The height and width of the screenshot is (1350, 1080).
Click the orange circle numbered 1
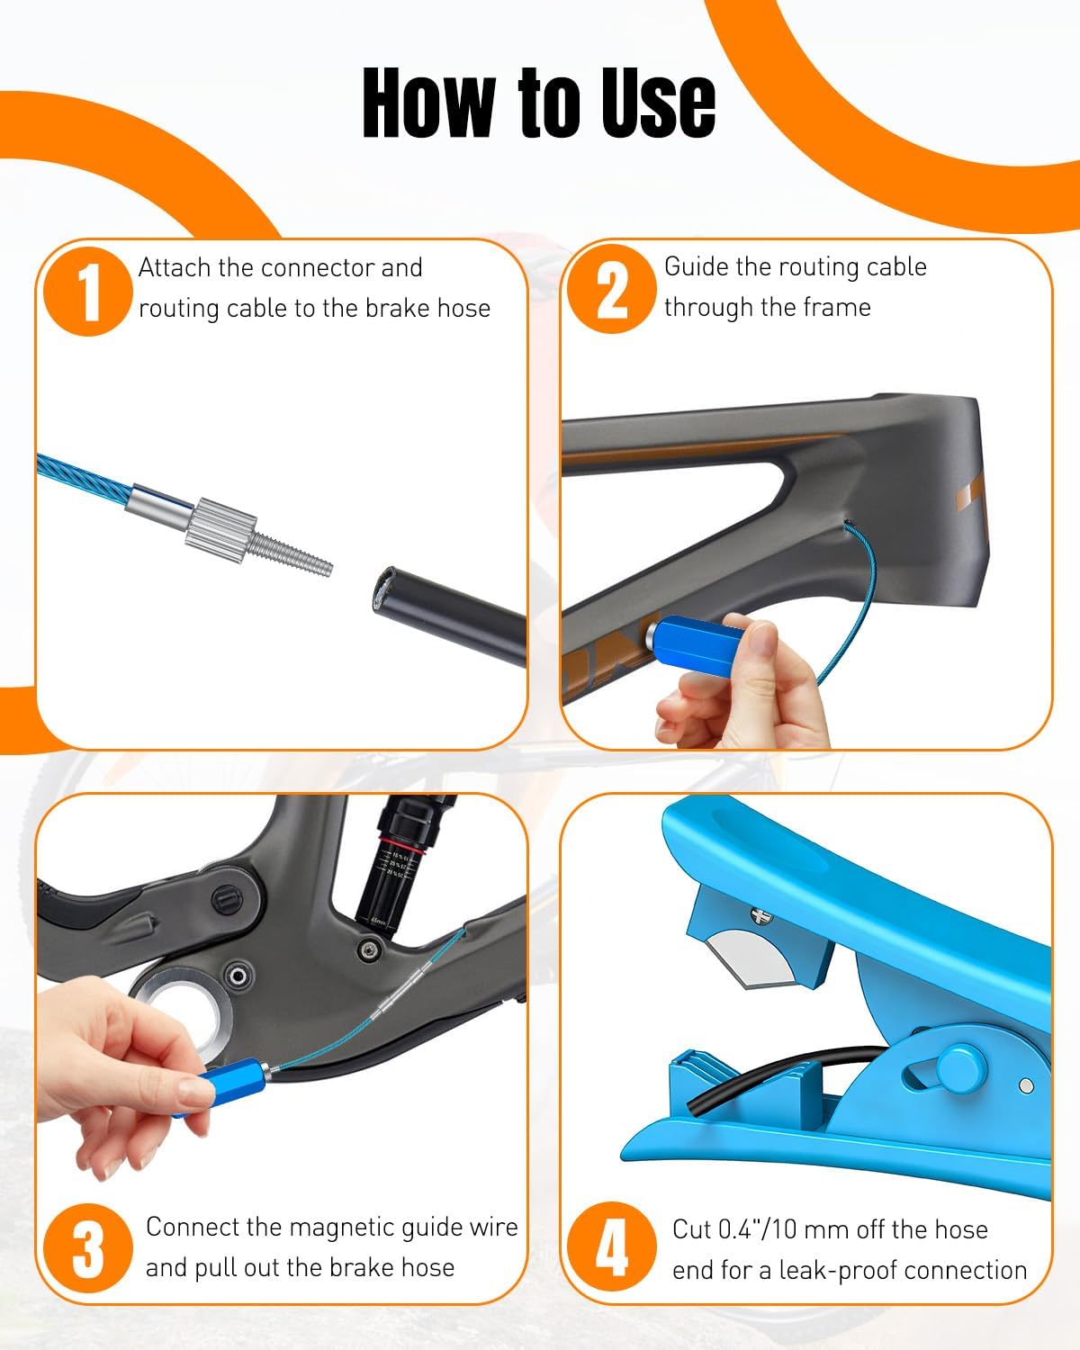tap(88, 291)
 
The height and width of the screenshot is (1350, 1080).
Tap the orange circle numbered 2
tap(612, 289)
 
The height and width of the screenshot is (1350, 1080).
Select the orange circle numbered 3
tap(88, 1249)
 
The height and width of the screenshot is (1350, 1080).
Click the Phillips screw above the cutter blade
tap(760, 915)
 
